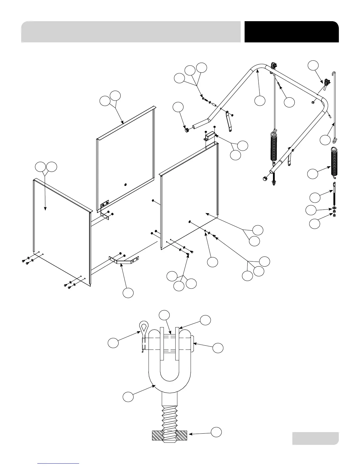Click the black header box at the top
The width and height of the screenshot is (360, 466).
tap(291, 32)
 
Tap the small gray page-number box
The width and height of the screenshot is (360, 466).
tap(315, 438)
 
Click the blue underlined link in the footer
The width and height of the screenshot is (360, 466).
tap(59, 463)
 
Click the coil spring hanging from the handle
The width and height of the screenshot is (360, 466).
tap(274, 147)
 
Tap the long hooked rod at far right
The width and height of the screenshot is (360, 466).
tap(336, 106)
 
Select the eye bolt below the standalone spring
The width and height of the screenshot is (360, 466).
tap(334, 194)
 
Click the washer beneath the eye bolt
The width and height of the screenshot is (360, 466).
tap(334, 209)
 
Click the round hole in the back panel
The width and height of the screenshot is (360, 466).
tap(125, 184)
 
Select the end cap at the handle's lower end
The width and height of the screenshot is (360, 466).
tap(264, 178)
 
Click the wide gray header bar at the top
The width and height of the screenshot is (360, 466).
tap(131, 32)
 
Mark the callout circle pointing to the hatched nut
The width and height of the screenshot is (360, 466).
tap(216, 432)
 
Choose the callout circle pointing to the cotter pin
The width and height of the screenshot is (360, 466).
tap(113, 343)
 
